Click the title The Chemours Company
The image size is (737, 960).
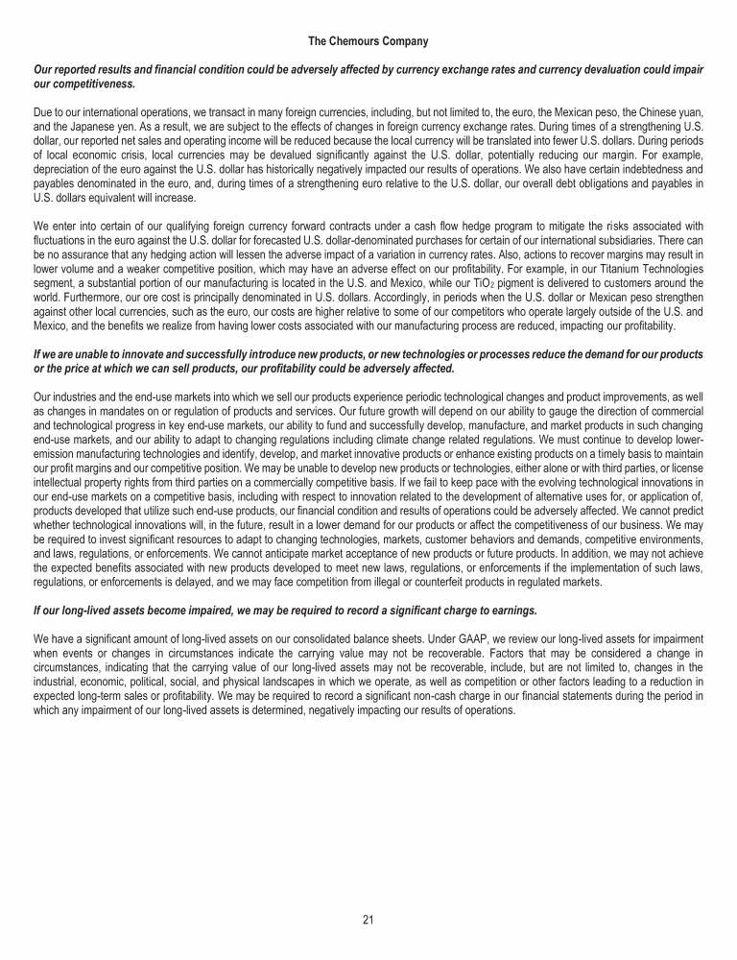[x=368, y=41]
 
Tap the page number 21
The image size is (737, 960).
[x=368, y=920]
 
